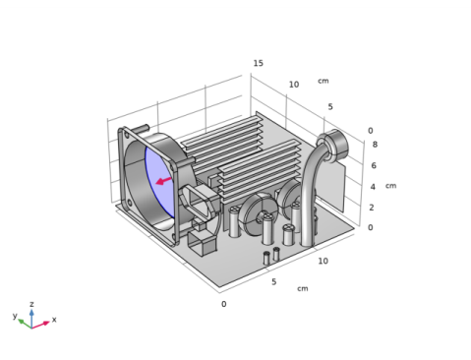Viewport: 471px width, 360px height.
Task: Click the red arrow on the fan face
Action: coord(163,181)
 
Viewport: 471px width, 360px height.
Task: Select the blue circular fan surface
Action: coord(159,181)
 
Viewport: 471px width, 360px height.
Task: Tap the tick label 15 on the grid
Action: coord(259,63)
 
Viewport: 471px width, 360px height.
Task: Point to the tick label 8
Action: coord(375,145)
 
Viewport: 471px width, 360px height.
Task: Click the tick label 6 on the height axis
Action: coord(374,165)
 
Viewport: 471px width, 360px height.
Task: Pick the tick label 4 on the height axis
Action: coord(373,187)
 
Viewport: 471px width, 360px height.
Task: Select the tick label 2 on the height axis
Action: coord(372,208)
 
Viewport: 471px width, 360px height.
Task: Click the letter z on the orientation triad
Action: coord(31,304)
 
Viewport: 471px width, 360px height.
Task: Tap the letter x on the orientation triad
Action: coord(54,319)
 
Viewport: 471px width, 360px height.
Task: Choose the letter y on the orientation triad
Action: coord(15,316)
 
